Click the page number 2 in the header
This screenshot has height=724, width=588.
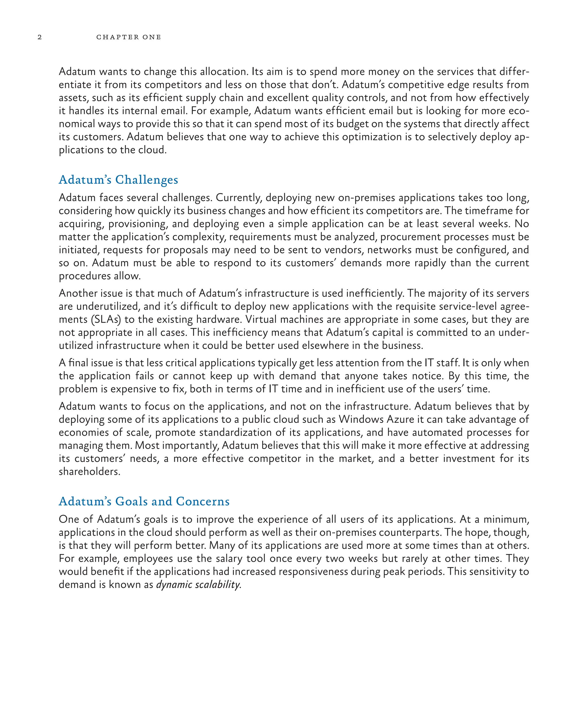[x=40, y=37]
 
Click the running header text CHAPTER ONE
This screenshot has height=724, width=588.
[x=128, y=37]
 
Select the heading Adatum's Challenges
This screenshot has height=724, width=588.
[x=118, y=180]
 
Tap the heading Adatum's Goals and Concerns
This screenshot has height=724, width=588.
[x=144, y=501]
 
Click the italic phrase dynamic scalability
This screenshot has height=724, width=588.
[x=198, y=585]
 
